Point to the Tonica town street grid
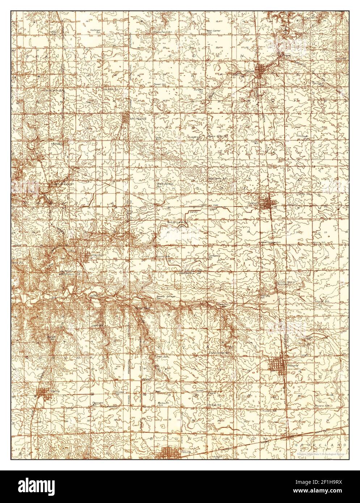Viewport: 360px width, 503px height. click(261, 70)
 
